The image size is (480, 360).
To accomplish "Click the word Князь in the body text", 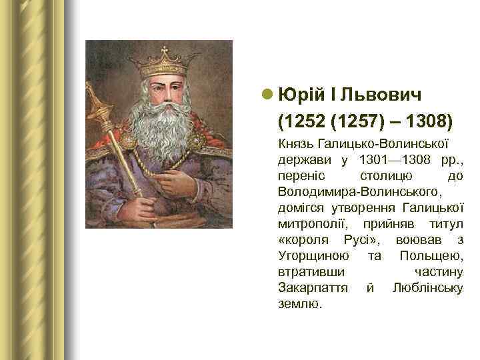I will click(294, 143).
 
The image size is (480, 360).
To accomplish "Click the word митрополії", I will click(307, 223).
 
